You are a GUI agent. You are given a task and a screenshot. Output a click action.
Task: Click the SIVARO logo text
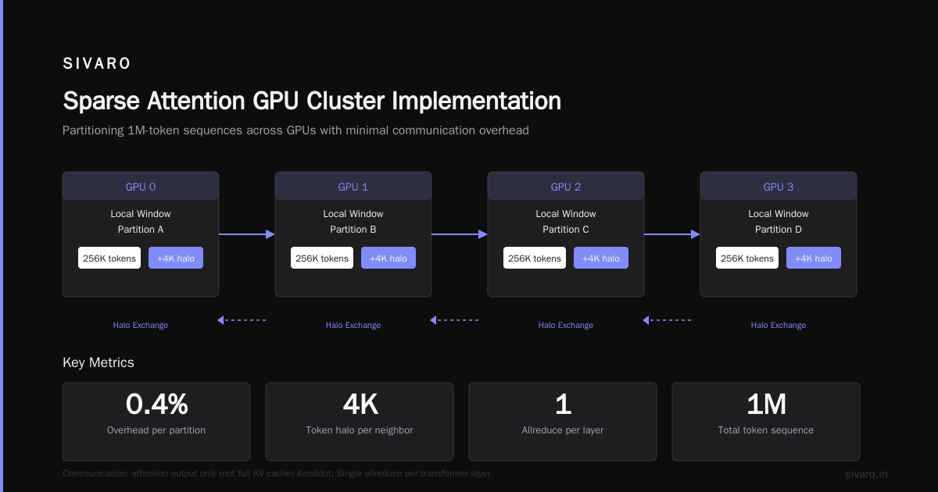pos(96,63)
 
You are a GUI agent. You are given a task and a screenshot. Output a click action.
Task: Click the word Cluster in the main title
pos(345,101)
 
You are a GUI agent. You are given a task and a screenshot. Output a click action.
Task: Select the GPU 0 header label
pos(141,187)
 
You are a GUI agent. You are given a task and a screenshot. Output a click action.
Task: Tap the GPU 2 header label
pos(566,187)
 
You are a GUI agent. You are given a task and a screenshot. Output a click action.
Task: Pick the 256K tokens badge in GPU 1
pos(322,258)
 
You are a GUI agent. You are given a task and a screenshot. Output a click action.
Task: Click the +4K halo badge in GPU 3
pos(814,258)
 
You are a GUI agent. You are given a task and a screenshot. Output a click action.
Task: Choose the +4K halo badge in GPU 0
pos(176,258)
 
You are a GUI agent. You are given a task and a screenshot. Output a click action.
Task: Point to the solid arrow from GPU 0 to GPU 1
pos(247,234)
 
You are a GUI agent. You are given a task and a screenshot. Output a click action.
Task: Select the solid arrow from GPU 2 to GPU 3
pos(672,234)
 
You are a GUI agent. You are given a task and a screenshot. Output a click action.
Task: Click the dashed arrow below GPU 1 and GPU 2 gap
pos(454,320)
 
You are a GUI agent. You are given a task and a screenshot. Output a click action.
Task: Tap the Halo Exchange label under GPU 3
pos(779,325)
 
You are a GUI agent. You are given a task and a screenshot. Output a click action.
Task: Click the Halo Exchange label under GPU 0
pos(141,325)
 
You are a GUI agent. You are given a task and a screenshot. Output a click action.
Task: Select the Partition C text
pos(566,230)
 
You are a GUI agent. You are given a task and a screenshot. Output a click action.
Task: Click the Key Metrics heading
pos(98,362)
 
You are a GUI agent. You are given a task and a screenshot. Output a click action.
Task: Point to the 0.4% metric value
pos(156,405)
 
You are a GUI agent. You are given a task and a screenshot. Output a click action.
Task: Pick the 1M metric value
pos(766,405)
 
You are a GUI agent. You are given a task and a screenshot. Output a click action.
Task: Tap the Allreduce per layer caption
pos(563,430)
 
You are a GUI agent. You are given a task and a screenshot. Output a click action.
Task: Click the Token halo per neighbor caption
pos(360,430)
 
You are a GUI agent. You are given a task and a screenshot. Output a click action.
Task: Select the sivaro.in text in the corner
pos(866,474)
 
